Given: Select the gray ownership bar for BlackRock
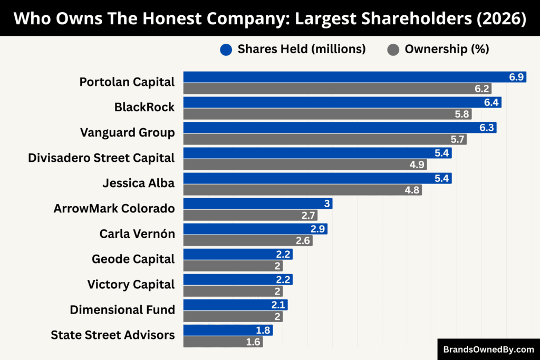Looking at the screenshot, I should [x=327, y=114].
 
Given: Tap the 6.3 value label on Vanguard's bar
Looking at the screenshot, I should [x=486, y=128].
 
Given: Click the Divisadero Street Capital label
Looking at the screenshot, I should [x=101, y=158].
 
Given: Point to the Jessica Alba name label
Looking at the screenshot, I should [x=138, y=183].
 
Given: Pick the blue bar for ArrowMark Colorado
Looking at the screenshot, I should [x=257, y=203].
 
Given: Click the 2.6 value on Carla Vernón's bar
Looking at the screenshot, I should [x=303, y=241].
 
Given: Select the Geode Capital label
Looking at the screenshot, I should [x=133, y=259].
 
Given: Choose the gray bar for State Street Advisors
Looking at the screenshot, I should [x=223, y=342].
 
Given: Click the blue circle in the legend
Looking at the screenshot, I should [x=226, y=50].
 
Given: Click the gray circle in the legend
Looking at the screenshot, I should [x=393, y=50].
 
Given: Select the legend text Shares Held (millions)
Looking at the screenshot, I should [x=302, y=50].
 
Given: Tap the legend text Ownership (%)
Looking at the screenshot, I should [x=447, y=50].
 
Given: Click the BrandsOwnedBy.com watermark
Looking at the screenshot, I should [x=488, y=349].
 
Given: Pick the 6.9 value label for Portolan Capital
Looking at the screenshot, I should [x=516, y=77].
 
